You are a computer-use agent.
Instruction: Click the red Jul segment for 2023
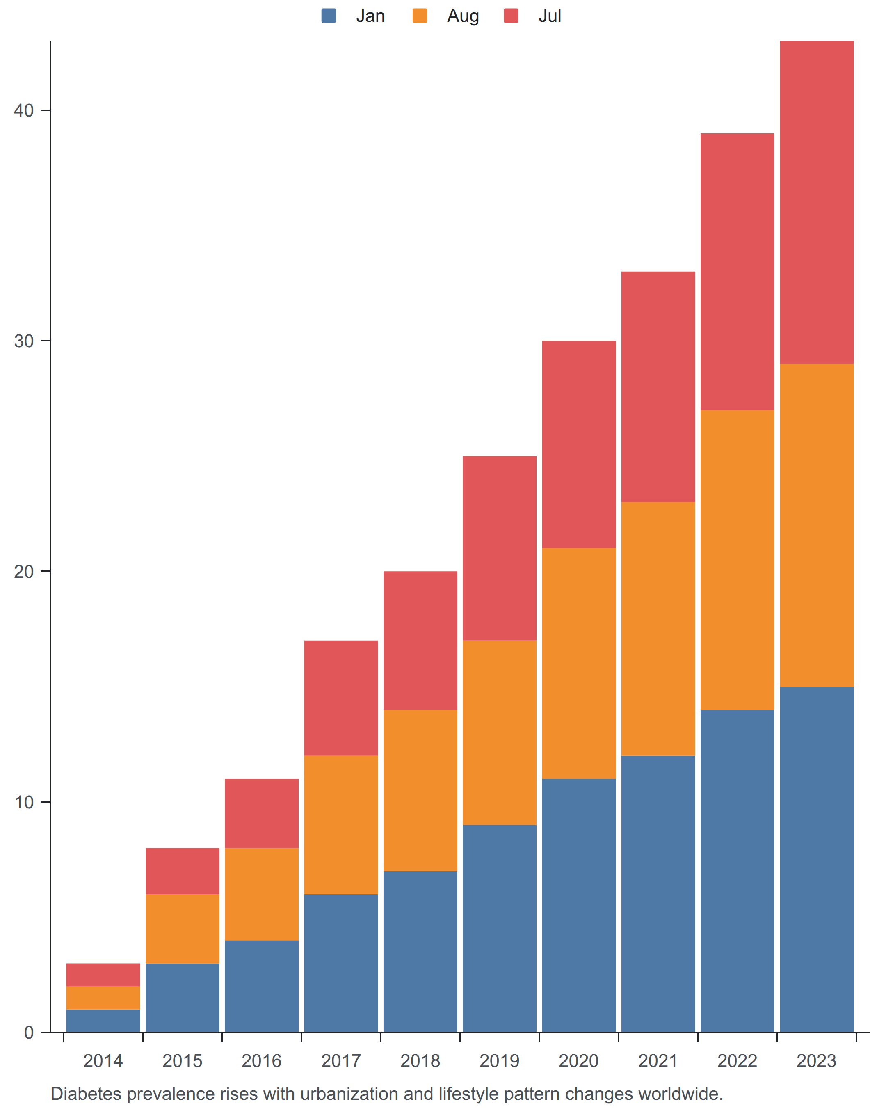click(x=817, y=202)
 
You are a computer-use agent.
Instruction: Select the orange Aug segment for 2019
click(x=500, y=733)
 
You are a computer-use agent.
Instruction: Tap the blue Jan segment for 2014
click(x=103, y=1021)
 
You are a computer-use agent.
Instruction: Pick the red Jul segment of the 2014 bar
click(x=103, y=975)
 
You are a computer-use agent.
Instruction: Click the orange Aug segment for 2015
click(x=183, y=929)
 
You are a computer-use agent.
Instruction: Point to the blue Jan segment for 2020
click(x=579, y=906)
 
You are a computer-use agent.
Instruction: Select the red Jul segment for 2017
click(x=341, y=698)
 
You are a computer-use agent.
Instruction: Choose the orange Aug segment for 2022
click(x=738, y=560)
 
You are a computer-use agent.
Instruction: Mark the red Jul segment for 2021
click(x=658, y=387)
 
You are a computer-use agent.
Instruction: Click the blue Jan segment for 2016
click(x=262, y=986)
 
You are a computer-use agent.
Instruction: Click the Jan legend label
click(x=370, y=16)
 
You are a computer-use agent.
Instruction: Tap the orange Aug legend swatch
click(x=420, y=16)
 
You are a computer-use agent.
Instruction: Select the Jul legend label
click(x=550, y=16)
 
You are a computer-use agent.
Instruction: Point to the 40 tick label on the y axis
click(x=24, y=110)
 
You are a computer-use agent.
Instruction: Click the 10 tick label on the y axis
click(x=24, y=802)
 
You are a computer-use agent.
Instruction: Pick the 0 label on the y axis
click(x=29, y=1032)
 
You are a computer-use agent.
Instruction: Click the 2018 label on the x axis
click(x=420, y=1061)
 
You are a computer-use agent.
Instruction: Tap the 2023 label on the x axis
click(x=817, y=1061)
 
